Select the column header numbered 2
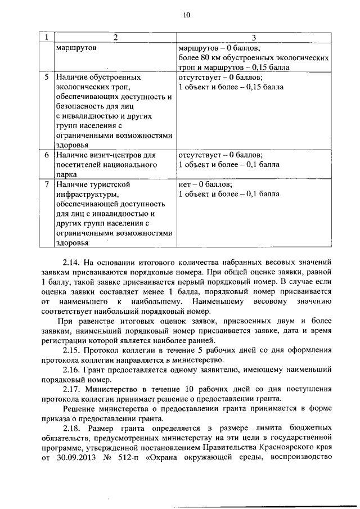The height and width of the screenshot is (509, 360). [115, 38]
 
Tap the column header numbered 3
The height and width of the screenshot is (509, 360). [254, 38]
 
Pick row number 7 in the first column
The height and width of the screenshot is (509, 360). [47, 184]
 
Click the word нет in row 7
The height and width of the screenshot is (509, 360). [184, 184]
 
